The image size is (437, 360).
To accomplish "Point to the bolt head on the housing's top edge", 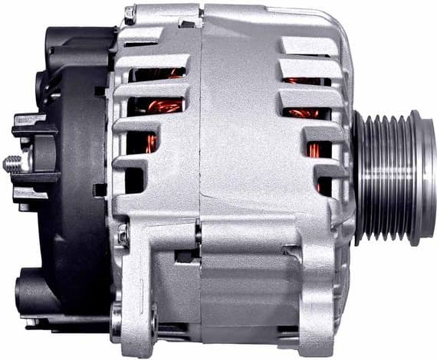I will pyautogui.click(x=130, y=13).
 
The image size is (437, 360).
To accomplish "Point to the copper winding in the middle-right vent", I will pyautogui.click(x=305, y=113).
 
